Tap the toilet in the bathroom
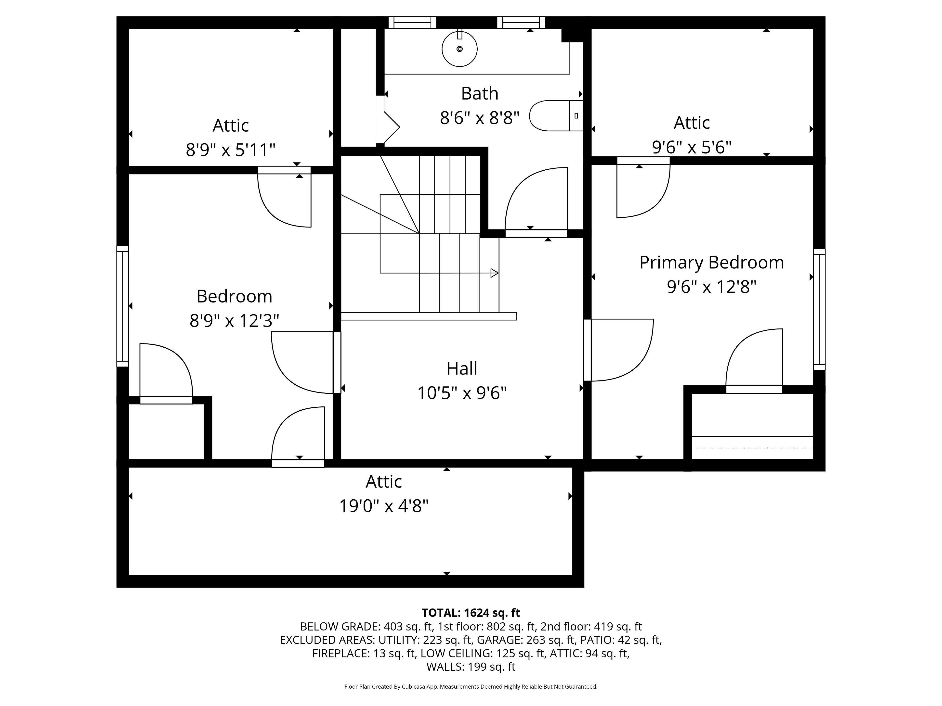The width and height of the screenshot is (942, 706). [556, 115]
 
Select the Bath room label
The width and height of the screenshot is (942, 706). [480, 93]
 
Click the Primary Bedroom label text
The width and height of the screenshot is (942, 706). [711, 263]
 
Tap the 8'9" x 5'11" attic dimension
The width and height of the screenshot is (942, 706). [230, 150]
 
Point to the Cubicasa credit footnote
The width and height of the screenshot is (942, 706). [471, 686]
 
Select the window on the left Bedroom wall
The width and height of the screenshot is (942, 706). [123, 306]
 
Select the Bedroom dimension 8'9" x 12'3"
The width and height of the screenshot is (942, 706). [234, 320]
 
